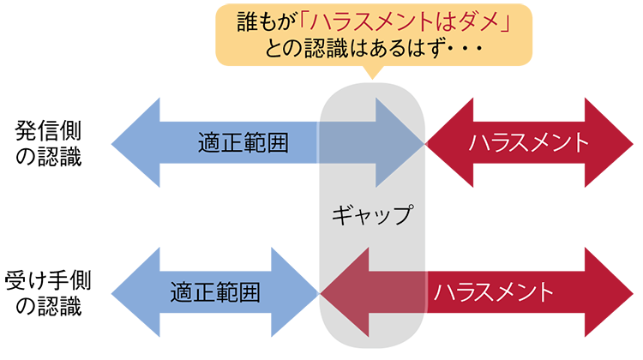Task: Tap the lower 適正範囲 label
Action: click(x=214, y=291)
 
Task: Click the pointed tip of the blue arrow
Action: click(x=424, y=143)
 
